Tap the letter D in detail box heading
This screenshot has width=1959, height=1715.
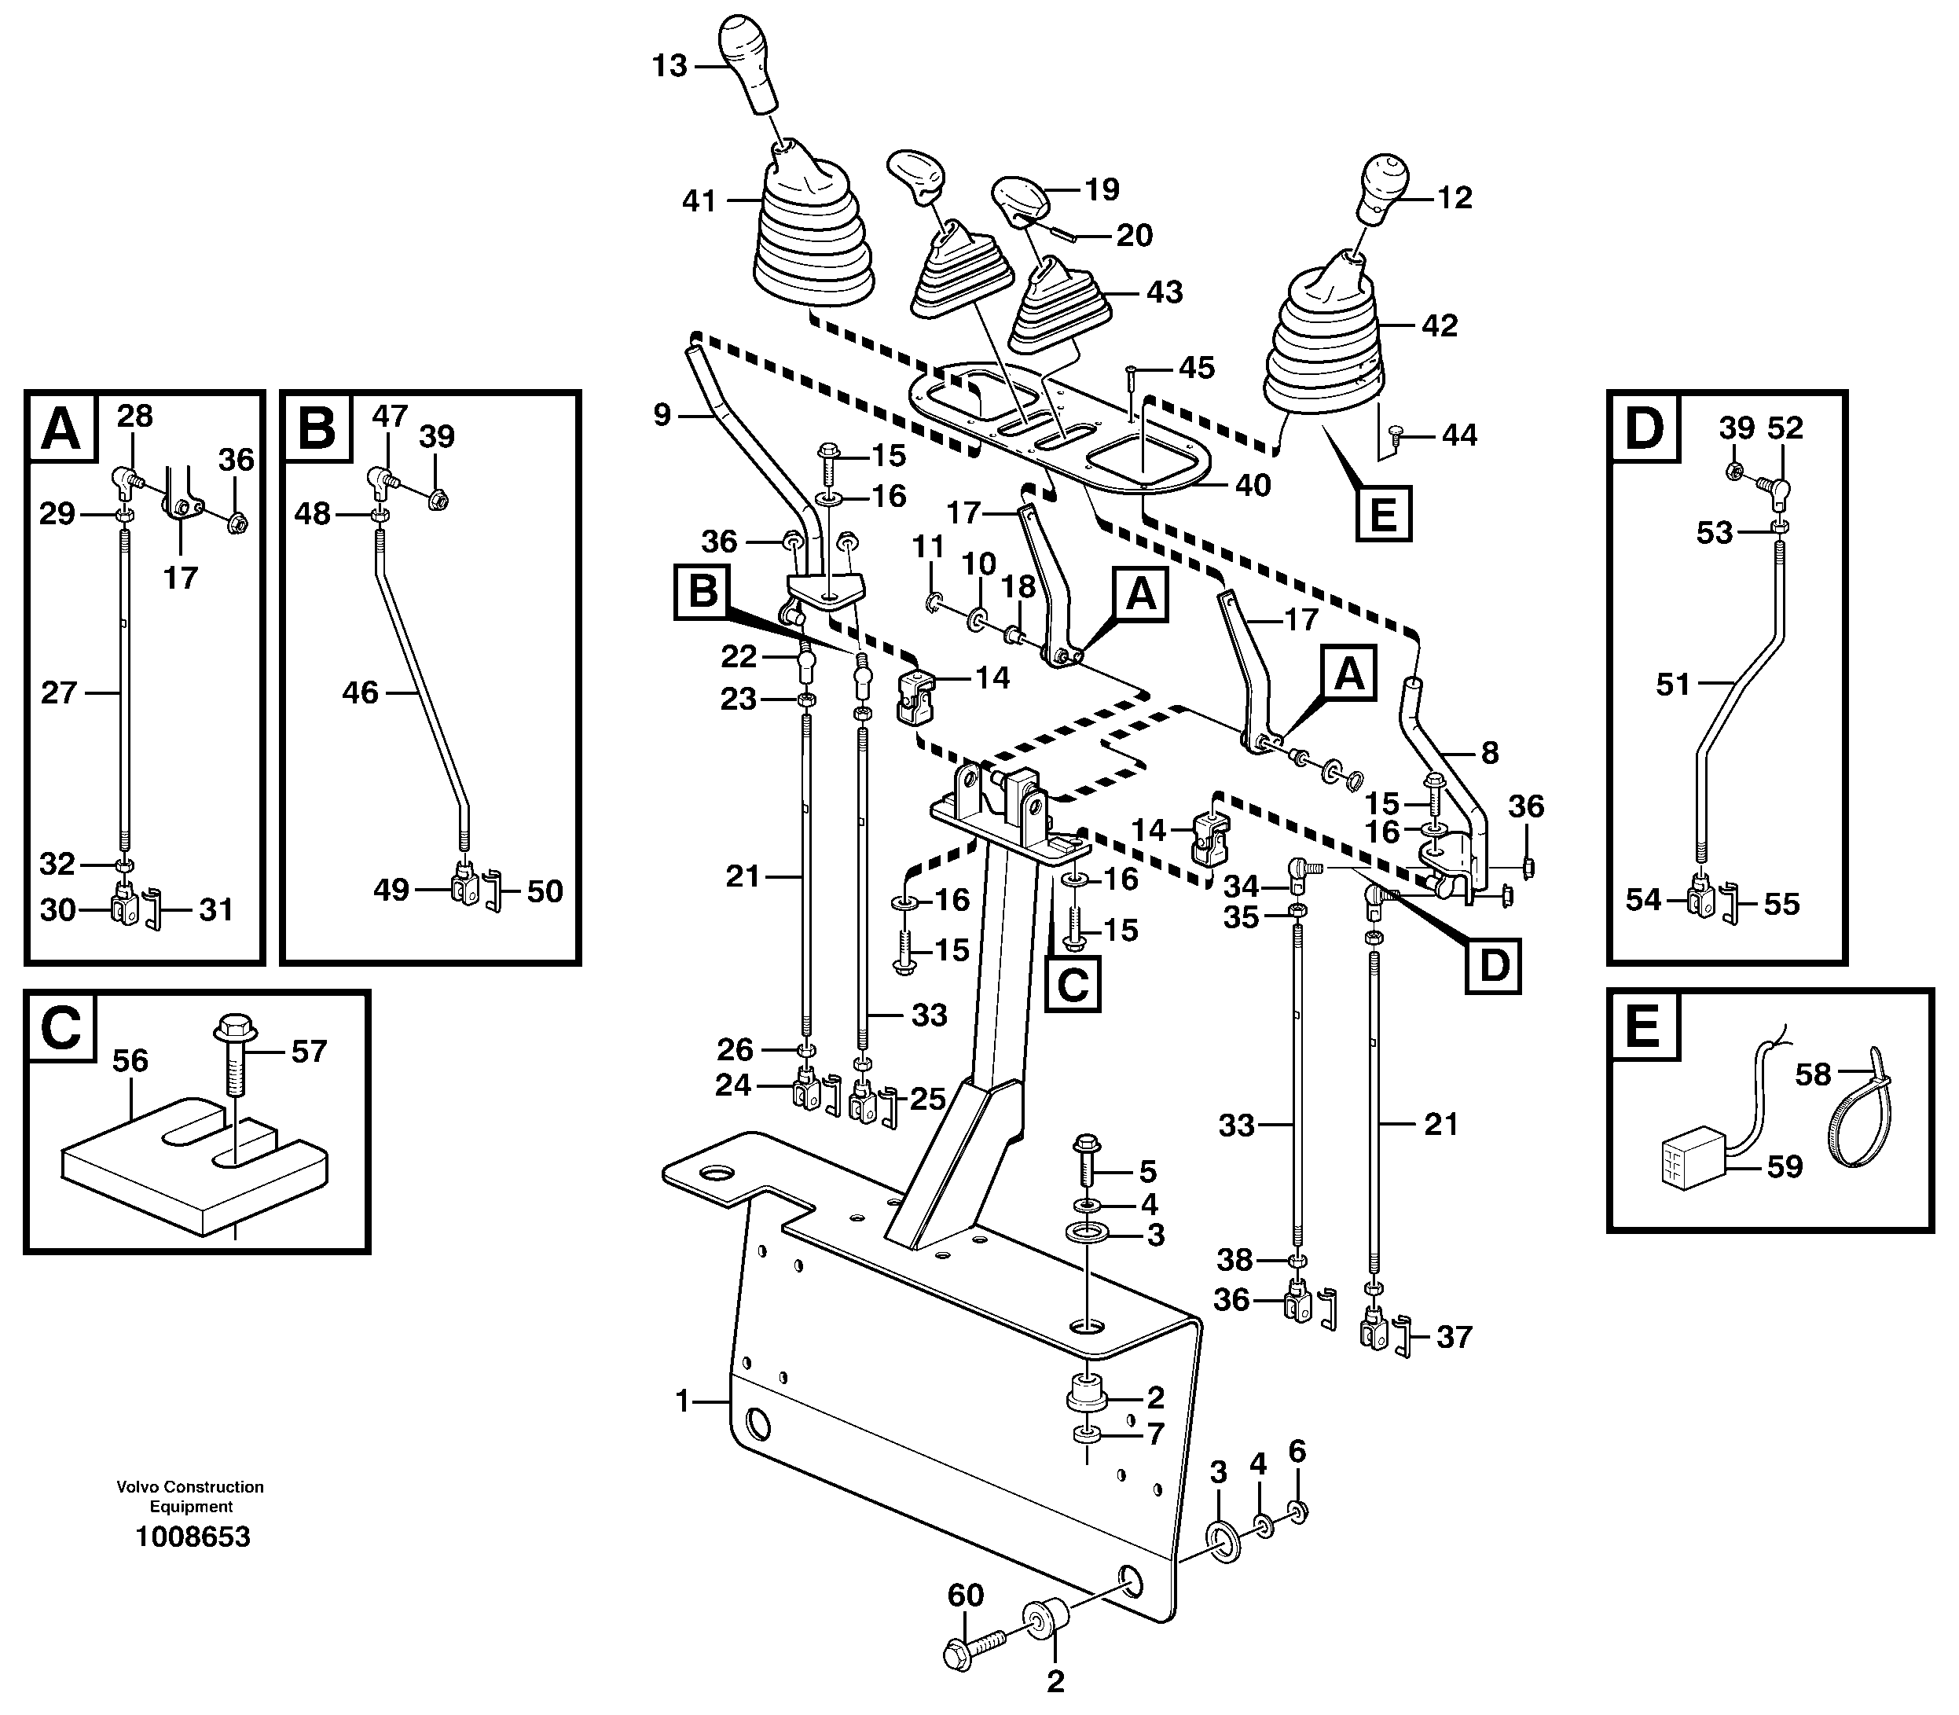pyautogui.click(x=1644, y=427)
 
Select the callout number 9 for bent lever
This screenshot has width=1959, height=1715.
pyautogui.click(x=662, y=415)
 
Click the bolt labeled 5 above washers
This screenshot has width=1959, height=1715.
pyautogui.click(x=1089, y=1162)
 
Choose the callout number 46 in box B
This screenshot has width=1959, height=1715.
pyautogui.click(x=360, y=692)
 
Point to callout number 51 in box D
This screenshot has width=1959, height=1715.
pyautogui.click(x=1673, y=685)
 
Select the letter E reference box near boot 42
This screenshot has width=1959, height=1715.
pyautogui.click(x=1383, y=514)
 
